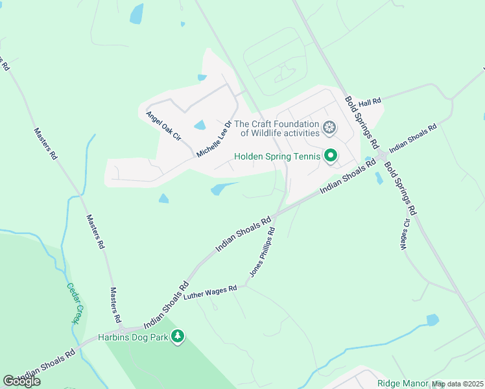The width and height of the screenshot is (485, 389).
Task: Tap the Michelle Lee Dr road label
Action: tap(215, 139)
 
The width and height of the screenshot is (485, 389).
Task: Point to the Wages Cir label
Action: tap(405, 234)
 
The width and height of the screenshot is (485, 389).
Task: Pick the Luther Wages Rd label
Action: tap(211, 292)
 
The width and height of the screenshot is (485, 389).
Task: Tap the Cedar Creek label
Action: tap(75, 303)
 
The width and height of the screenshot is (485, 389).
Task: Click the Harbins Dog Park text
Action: tap(133, 337)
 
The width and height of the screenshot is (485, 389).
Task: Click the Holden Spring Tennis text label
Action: tap(277, 156)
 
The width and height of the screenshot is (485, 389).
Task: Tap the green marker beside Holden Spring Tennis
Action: tap(331, 156)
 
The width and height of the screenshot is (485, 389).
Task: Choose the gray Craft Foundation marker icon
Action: tap(329, 128)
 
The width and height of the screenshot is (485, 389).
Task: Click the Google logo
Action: tap(21, 381)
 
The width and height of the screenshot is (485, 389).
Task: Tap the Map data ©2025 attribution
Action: tap(456, 384)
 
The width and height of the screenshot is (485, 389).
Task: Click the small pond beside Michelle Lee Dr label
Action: tap(200, 124)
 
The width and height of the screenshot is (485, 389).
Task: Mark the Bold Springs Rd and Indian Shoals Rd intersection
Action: tap(382, 157)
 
